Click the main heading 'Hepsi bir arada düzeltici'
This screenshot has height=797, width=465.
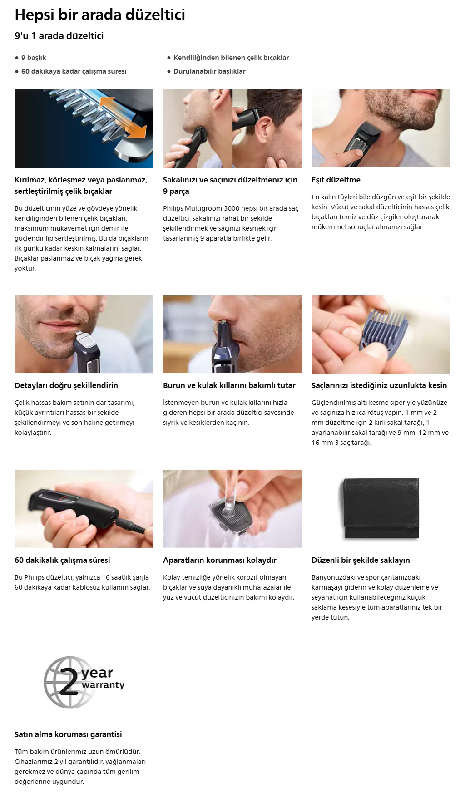(x=100, y=15)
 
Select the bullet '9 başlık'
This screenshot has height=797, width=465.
(x=34, y=58)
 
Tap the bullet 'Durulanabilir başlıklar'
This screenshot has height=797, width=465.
(x=209, y=71)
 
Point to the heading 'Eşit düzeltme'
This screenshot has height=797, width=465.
(x=336, y=180)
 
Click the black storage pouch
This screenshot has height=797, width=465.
(x=381, y=508)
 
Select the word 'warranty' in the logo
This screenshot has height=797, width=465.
(x=103, y=685)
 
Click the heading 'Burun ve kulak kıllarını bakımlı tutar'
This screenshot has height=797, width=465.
(x=229, y=385)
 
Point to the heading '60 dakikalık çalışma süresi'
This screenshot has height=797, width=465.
(x=62, y=560)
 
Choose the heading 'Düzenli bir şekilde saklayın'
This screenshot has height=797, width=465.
(x=361, y=560)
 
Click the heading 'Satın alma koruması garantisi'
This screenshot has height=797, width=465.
(x=68, y=734)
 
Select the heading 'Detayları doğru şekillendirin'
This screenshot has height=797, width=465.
(x=66, y=385)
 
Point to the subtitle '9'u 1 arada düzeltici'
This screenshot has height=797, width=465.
(x=59, y=36)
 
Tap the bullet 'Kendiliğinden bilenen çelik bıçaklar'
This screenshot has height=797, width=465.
(x=231, y=58)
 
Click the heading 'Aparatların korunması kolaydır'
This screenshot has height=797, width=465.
(x=220, y=560)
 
